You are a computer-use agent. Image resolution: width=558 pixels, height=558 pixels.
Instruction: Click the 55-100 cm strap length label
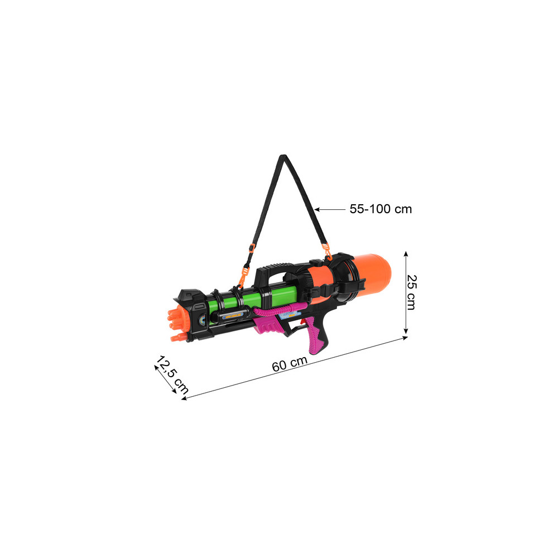tap(381, 209)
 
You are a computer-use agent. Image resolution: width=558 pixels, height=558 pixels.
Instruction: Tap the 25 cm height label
tap(411, 292)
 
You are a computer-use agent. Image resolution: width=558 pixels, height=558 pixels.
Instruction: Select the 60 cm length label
tap(290, 364)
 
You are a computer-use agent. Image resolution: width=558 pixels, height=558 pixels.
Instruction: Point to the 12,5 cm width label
tap(172, 375)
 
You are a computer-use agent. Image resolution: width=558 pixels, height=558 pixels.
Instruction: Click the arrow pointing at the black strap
tap(330, 210)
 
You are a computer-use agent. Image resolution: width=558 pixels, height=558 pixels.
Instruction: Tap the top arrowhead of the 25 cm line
tap(406, 254)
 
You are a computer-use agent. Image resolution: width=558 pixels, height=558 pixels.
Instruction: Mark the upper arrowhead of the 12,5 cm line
tap(157, 367)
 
